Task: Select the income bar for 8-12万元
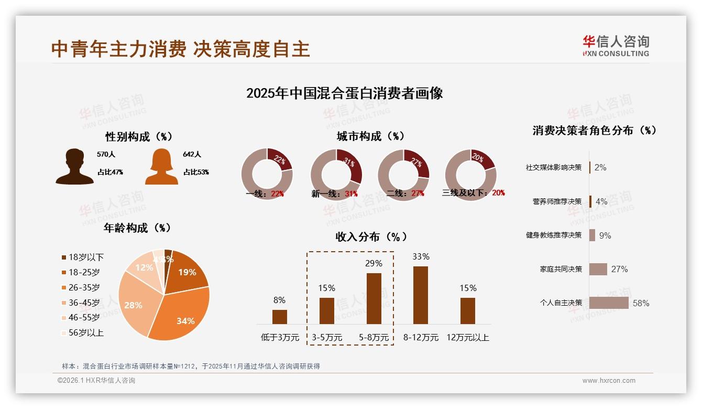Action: [421, 295]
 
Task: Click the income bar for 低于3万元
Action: [280, 317]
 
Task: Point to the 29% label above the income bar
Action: [374, 263]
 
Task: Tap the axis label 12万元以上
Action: [467, 338]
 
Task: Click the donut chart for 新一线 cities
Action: [336, 174]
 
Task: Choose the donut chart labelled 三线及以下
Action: [470, 174]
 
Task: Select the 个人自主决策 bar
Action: [609, 303]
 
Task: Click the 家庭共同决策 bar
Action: [598, 269]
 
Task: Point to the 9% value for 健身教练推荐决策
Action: [605, 235]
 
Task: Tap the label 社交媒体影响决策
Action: [554, 167]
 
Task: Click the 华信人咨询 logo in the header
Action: [616, 46]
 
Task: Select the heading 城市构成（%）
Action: [370, 136]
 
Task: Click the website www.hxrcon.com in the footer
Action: [609, 381]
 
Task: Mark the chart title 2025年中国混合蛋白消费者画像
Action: [344, 93]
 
